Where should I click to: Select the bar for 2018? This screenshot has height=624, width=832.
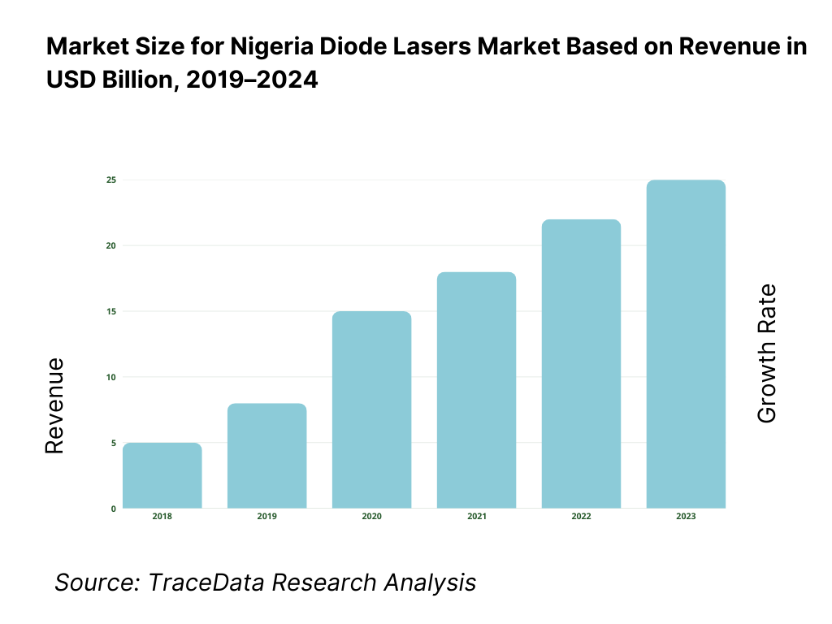point(162,476)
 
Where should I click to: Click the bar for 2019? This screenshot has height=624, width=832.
point(266,457)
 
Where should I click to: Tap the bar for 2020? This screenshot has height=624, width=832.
point(371,410)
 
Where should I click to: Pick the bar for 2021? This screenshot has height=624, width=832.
point(476,391)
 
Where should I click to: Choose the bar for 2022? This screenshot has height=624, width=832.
point(581,364)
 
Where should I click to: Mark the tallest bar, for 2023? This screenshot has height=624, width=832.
point(686,344)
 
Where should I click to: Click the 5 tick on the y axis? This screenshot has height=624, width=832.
point(113,443)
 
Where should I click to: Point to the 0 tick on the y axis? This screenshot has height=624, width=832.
point(113,509)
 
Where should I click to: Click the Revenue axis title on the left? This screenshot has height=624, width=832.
point(54,405)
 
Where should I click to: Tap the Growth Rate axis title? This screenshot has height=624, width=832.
point(766,353)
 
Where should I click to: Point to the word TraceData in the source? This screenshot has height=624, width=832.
point(207,582)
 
